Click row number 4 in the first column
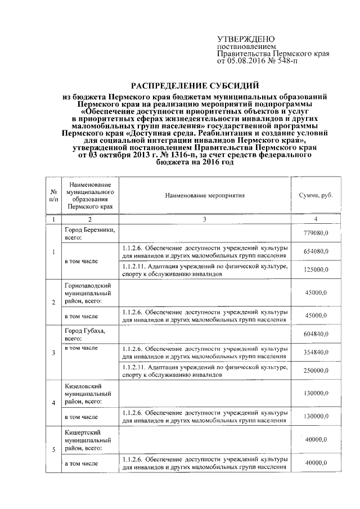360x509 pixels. [x=53, y=403]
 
